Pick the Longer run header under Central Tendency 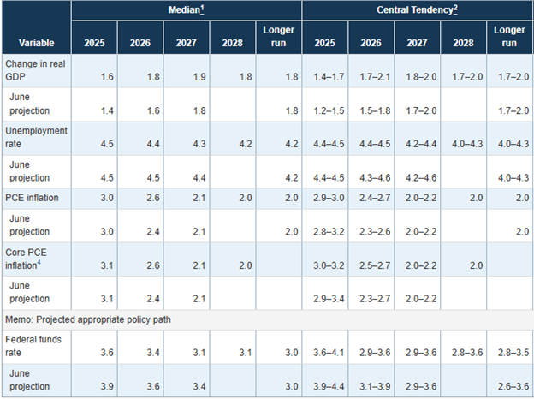pos(509,37)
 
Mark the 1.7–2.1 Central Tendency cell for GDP pos(371,76)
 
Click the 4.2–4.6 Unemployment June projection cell pos(417,178)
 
